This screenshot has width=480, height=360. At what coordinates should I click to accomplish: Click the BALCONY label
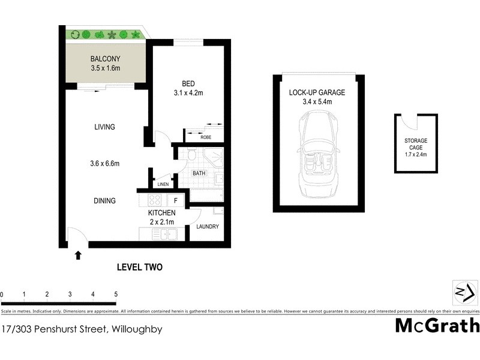[x=105, y=59]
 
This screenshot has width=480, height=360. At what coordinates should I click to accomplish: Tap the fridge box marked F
[x=176, y=200]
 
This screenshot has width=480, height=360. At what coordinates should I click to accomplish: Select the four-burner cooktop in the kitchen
[x=155, y=201]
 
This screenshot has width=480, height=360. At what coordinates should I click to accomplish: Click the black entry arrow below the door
[x=77, y=256]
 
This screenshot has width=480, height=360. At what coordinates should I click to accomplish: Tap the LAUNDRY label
[x=207, y=226]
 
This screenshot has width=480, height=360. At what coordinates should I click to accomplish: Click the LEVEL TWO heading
[x=139, y=267]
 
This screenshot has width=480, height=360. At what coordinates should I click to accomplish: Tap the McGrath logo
[x=437, y=326]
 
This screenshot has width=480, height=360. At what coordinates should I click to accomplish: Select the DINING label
[x=104, y=200]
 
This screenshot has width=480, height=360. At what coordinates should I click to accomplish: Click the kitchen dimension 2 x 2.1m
[x=162, y=222]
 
